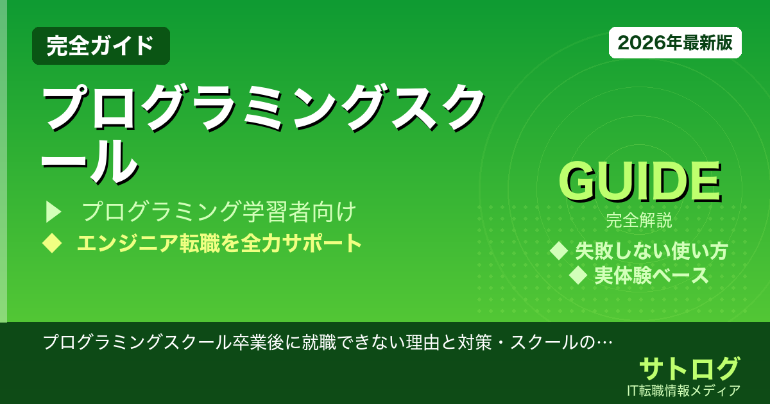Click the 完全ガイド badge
[101, 46]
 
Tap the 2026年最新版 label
[675, 43]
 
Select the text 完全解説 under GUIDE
[639, 221]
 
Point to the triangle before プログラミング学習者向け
[53, 211]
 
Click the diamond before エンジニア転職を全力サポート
[51, 243]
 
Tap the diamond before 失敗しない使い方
[560, 250]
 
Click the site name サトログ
[689, 369]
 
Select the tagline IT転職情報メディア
[685, 390]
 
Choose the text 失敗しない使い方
[651, 251]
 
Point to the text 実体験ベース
[651, 276]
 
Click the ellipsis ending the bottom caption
[603, 342]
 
